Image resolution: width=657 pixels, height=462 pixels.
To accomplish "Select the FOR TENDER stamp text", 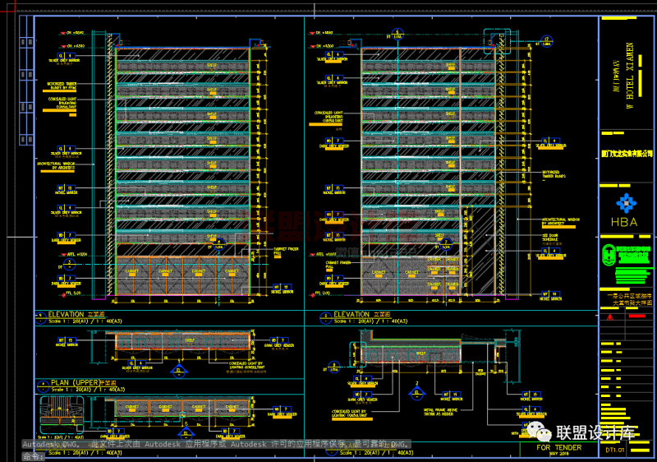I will click(x=558, y=448).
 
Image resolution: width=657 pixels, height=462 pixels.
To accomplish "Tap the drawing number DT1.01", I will click(x=615, y=450).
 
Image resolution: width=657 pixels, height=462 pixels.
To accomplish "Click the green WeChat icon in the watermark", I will click(x=539, y=432).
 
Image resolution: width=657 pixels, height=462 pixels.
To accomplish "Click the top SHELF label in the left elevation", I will click(x=211, y=66).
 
